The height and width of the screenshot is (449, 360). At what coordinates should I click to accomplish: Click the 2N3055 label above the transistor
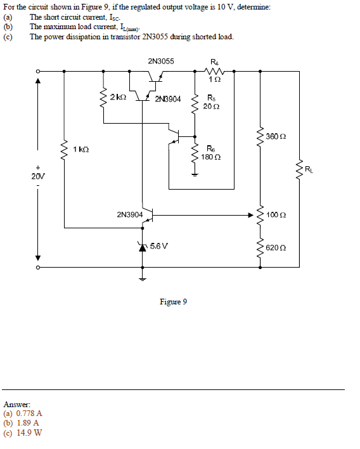[160, 62]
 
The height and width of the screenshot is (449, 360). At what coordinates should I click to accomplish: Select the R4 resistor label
[214, 62]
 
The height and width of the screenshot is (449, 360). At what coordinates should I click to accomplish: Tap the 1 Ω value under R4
[215, 79]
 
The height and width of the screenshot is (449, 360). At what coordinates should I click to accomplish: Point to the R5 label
[211, 98]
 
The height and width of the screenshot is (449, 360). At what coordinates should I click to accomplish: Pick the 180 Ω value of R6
[210, 157]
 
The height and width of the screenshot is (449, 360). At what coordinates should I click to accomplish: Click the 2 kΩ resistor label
[118, 97]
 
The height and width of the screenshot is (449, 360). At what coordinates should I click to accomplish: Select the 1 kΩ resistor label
[81, 148]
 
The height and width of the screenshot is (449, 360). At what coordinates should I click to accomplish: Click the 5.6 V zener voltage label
[159, 245]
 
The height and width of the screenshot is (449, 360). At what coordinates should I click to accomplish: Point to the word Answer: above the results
[17, 403]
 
